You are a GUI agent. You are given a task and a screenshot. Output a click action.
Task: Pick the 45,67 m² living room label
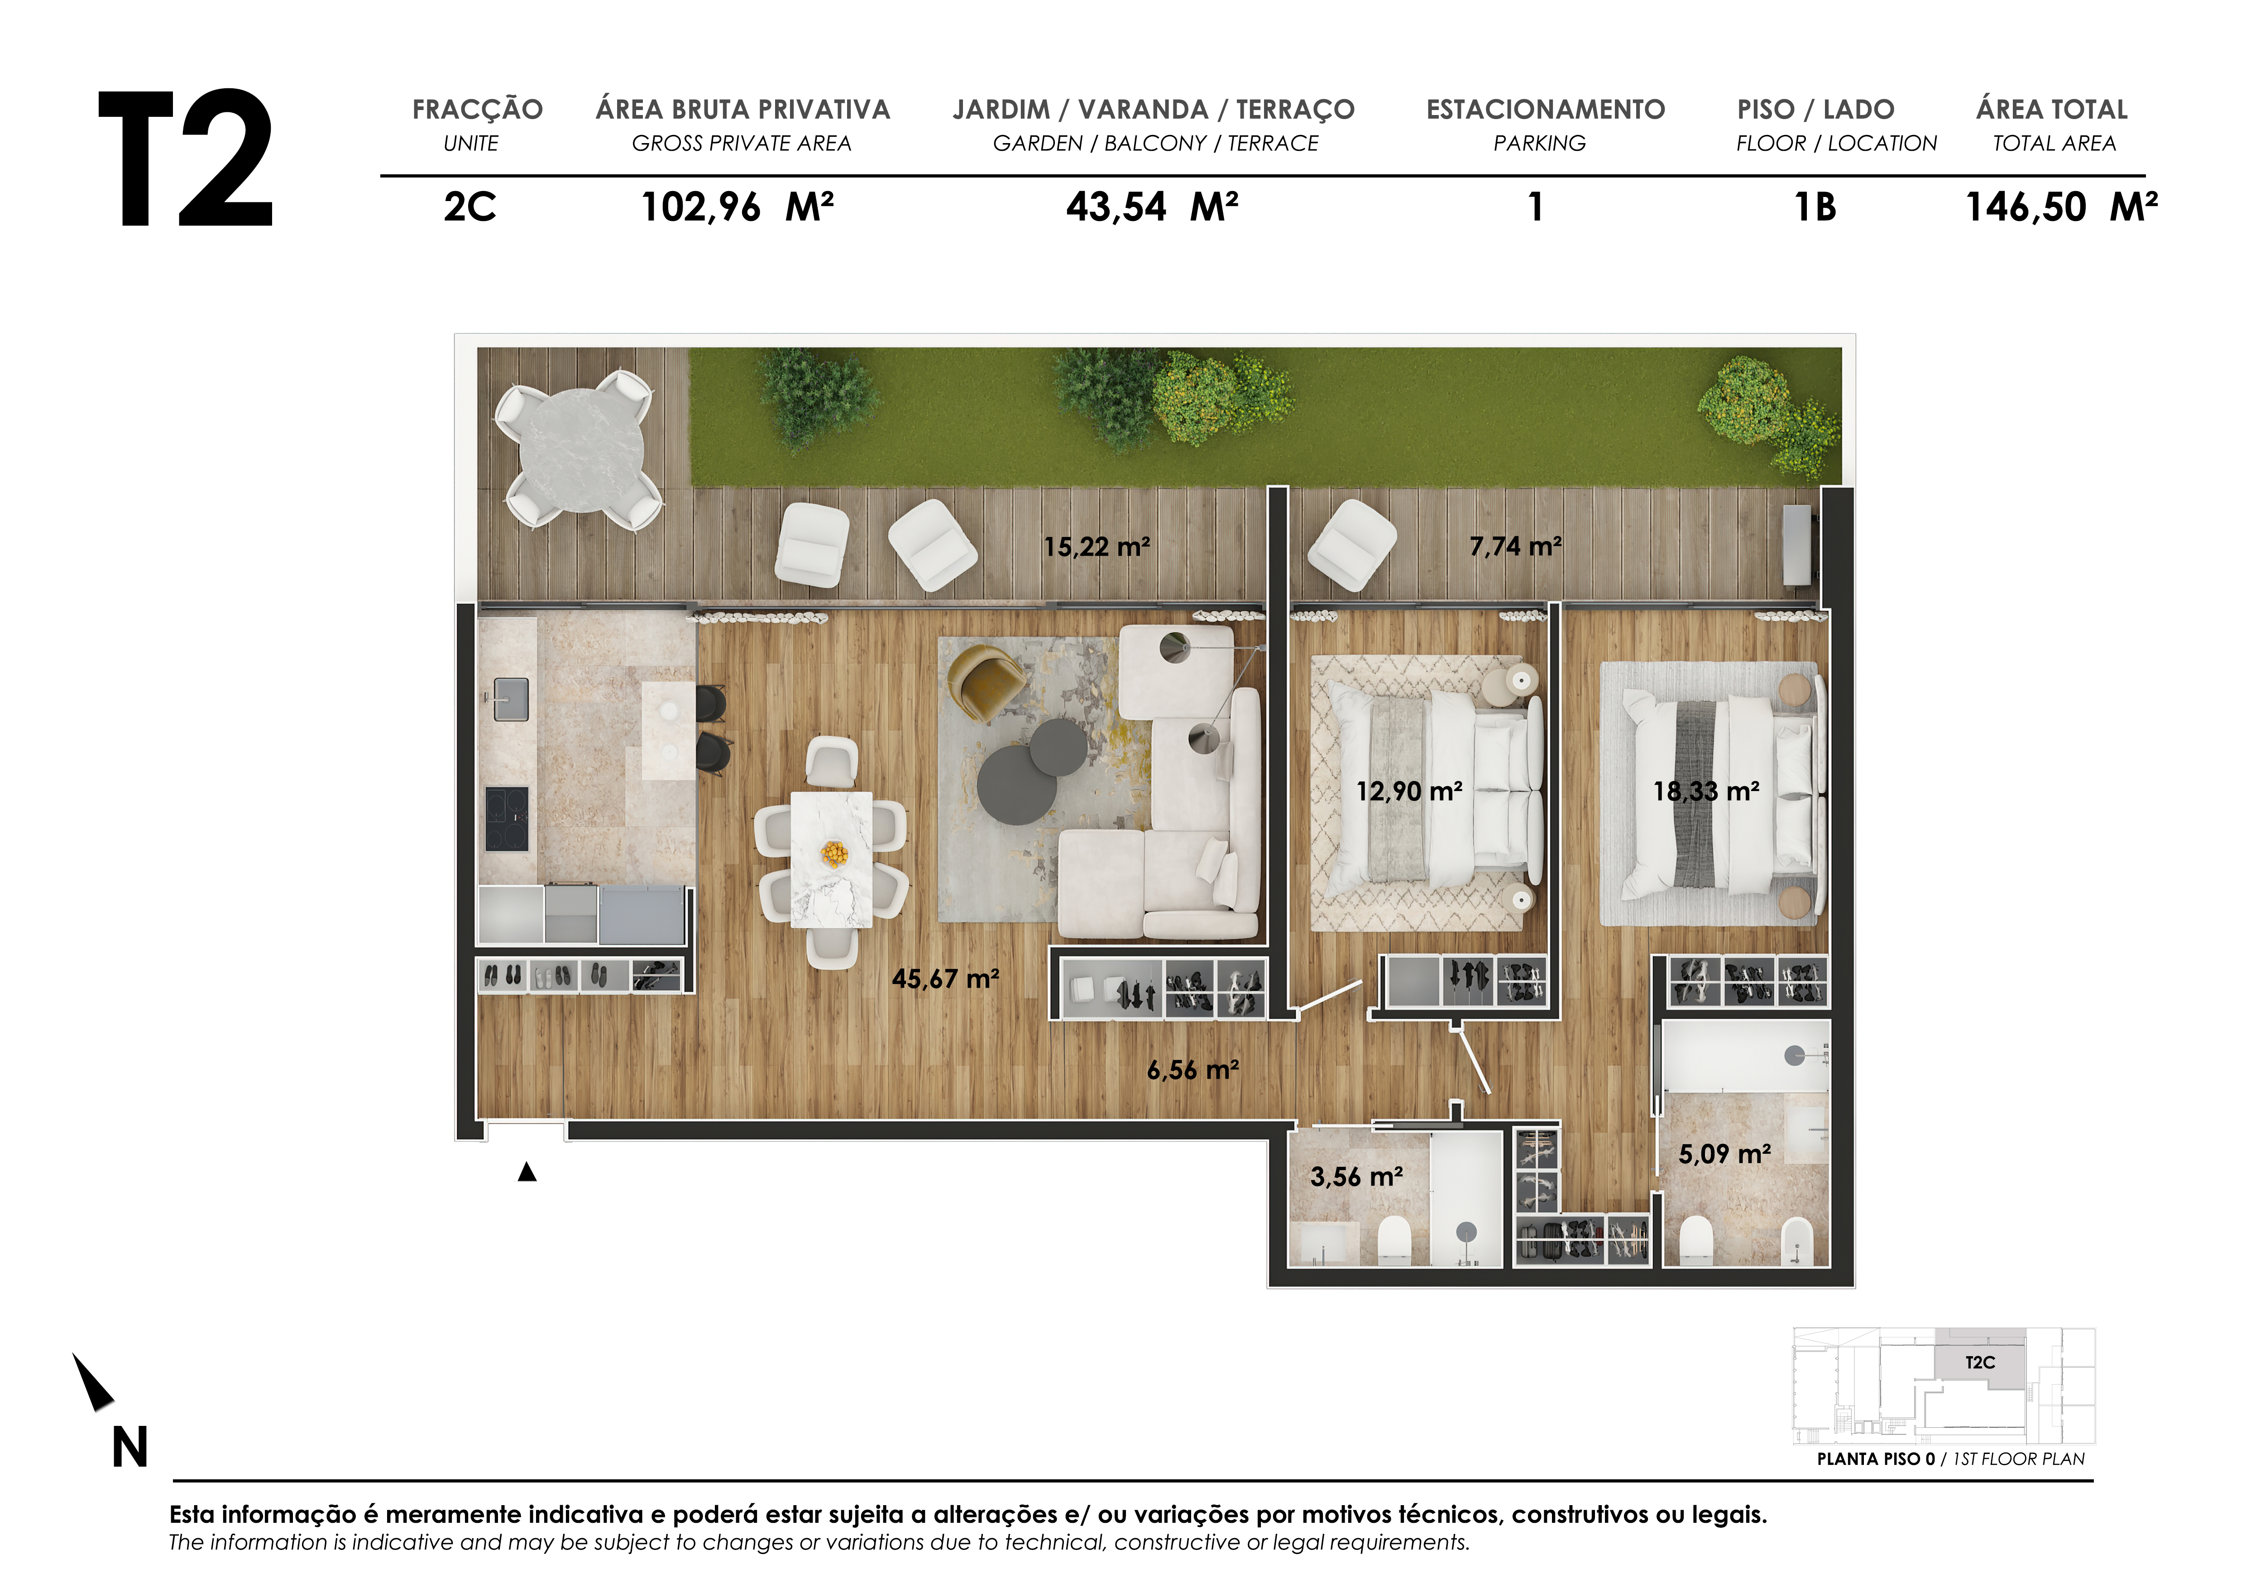pyautogui.click(x=945, y=979)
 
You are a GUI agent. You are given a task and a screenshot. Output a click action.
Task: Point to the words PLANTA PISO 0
pyautogui.click(x=1875, y=1459)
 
